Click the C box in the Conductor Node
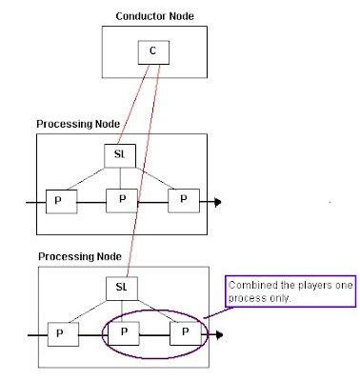[151, 50]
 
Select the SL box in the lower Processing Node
[120, 287]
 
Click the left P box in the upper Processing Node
[58, 202]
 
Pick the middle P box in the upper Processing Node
[118, 202]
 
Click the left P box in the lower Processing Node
[58, 334]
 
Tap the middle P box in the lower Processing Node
[120, 334]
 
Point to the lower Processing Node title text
[80, 257]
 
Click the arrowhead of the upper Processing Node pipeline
[218, 202]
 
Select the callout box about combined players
[290, 291]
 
